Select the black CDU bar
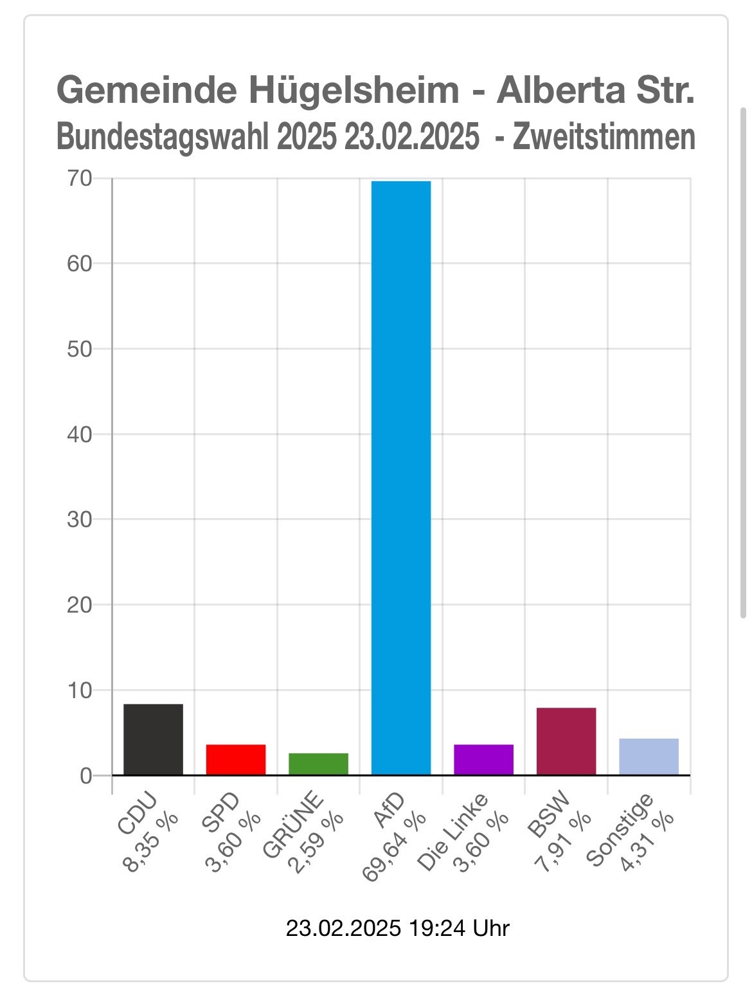[x=153, y=739]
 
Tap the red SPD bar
[x=236, y=759]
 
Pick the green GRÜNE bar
[x=318, y=764]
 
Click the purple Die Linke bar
[x=483, y=759]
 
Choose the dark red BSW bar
[x=566, y=741]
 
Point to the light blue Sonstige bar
[x=649, y=757]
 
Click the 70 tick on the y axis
[x=80, y=178]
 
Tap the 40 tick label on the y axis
[x=80, y=434]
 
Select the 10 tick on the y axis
[x=80, y=690]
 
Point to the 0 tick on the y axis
[x=86, y=776]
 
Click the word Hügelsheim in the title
[x=353, y=91]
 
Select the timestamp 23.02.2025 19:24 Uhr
[x=397, y=928]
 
